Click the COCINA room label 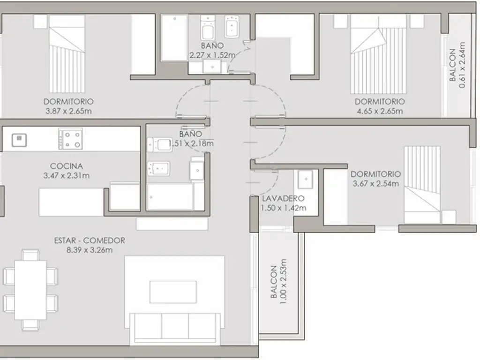click(x=66, y=166)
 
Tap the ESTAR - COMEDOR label click(x=90, y=240)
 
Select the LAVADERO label click(x=283, y=198)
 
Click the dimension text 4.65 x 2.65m click(x=380, y=111)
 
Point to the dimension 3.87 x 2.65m click(x=68, y=111)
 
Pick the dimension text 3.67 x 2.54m click(x=375, y=184)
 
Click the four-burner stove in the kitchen click(x=70, y=139)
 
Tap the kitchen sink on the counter click(x=19, y=140)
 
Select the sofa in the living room click(x=174, y=328)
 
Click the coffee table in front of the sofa click(x=173, y=292)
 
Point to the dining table click(x=30, y=290)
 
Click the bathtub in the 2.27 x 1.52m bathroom click(x=174, y=38)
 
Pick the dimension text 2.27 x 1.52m click(x=212, y=55)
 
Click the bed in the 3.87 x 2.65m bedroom click(x=67, y=54)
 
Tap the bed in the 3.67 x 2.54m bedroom click(x=422, y=185)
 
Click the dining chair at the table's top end click(x=30, y=255)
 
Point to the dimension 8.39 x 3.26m click(x=90, y=250)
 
